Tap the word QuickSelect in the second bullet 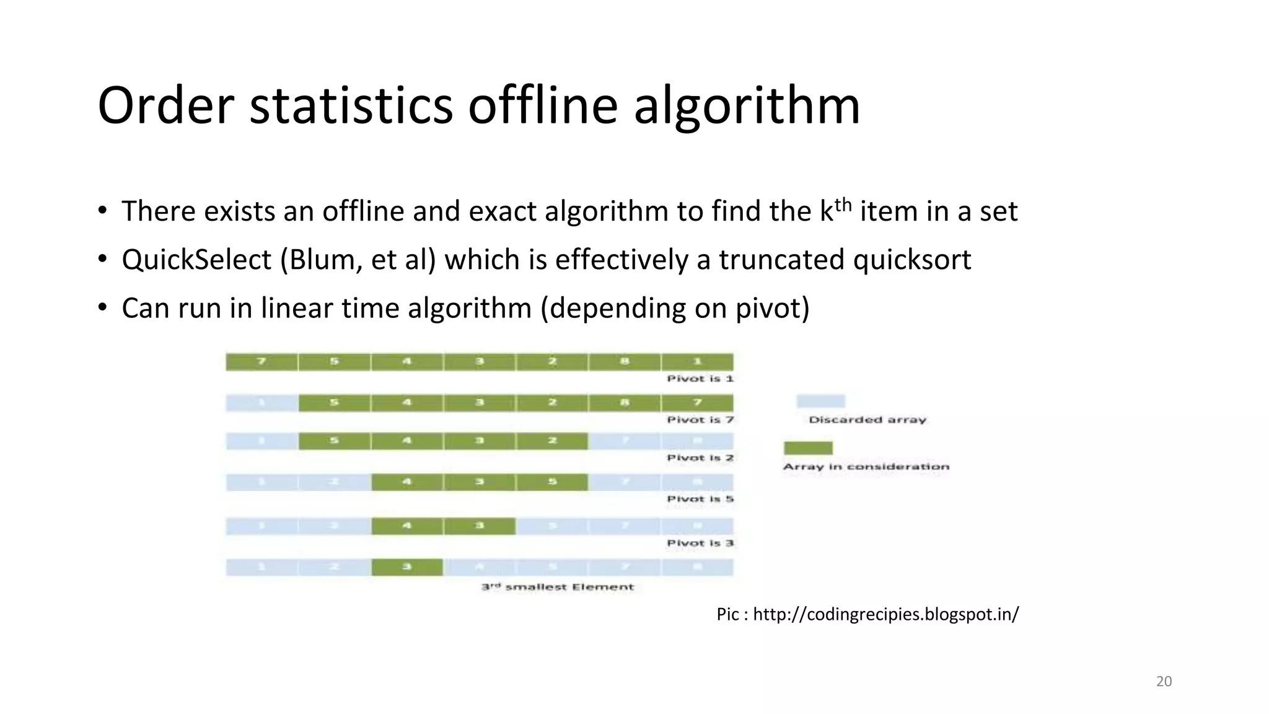coord(196,259)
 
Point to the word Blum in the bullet coord(322,259)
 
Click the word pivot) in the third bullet coord(772,308)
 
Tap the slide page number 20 coord(1164,681)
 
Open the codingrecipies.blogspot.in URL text coord(885,614)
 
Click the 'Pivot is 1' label coord(700,378)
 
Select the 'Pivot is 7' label coord(700,420)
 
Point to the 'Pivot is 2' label coord(700,457)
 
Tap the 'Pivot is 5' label coord(700,499)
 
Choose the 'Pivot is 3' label coord(700,543)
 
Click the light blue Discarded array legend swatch coord(820,401)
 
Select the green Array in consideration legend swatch coord(808,447)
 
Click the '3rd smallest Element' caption coord(558,586)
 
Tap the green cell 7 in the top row coord(261,361)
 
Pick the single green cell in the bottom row coord(407,567)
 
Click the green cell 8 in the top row coord(625,361)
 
